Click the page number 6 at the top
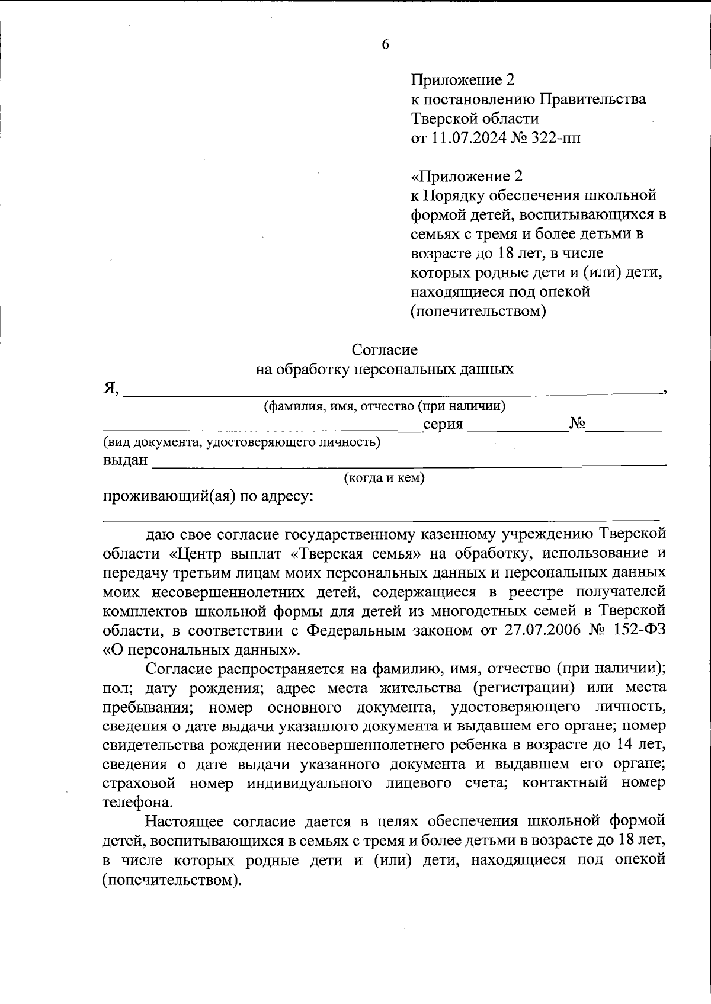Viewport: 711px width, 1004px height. pyautogui.click(x=385, y=44)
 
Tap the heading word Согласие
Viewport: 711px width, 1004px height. pyautogui.click(x=385, y=349)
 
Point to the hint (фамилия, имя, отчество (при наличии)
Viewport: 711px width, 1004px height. pyautogui.click(x=385, y=406)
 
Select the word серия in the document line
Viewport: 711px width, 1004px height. pyautogui.click(x=443, y=424)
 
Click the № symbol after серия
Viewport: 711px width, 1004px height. pyautogui.click(x=578, y=424)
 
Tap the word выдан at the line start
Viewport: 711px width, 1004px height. pyautogui.click(x=125, y=460)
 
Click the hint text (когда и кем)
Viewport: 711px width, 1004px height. pyautogui.click(x=385, y=477)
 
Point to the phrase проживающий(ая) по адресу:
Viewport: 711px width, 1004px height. pyautogui.click(x=208, y=496)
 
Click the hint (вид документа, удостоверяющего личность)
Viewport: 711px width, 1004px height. pyautogui.click(x=242, y=442)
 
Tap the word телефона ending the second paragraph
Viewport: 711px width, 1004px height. pyautogui.click(x=130, y=803)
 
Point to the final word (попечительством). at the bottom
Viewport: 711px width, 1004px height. pyautogui.click(x=172, y=880)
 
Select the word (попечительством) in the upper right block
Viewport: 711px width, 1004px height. pyautogui.click(x=478, y=311)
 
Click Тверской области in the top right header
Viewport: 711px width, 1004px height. pyautogui.click(x=475, y=118)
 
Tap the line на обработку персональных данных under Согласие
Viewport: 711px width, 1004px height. pyautogui.click(x=385, y=369)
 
